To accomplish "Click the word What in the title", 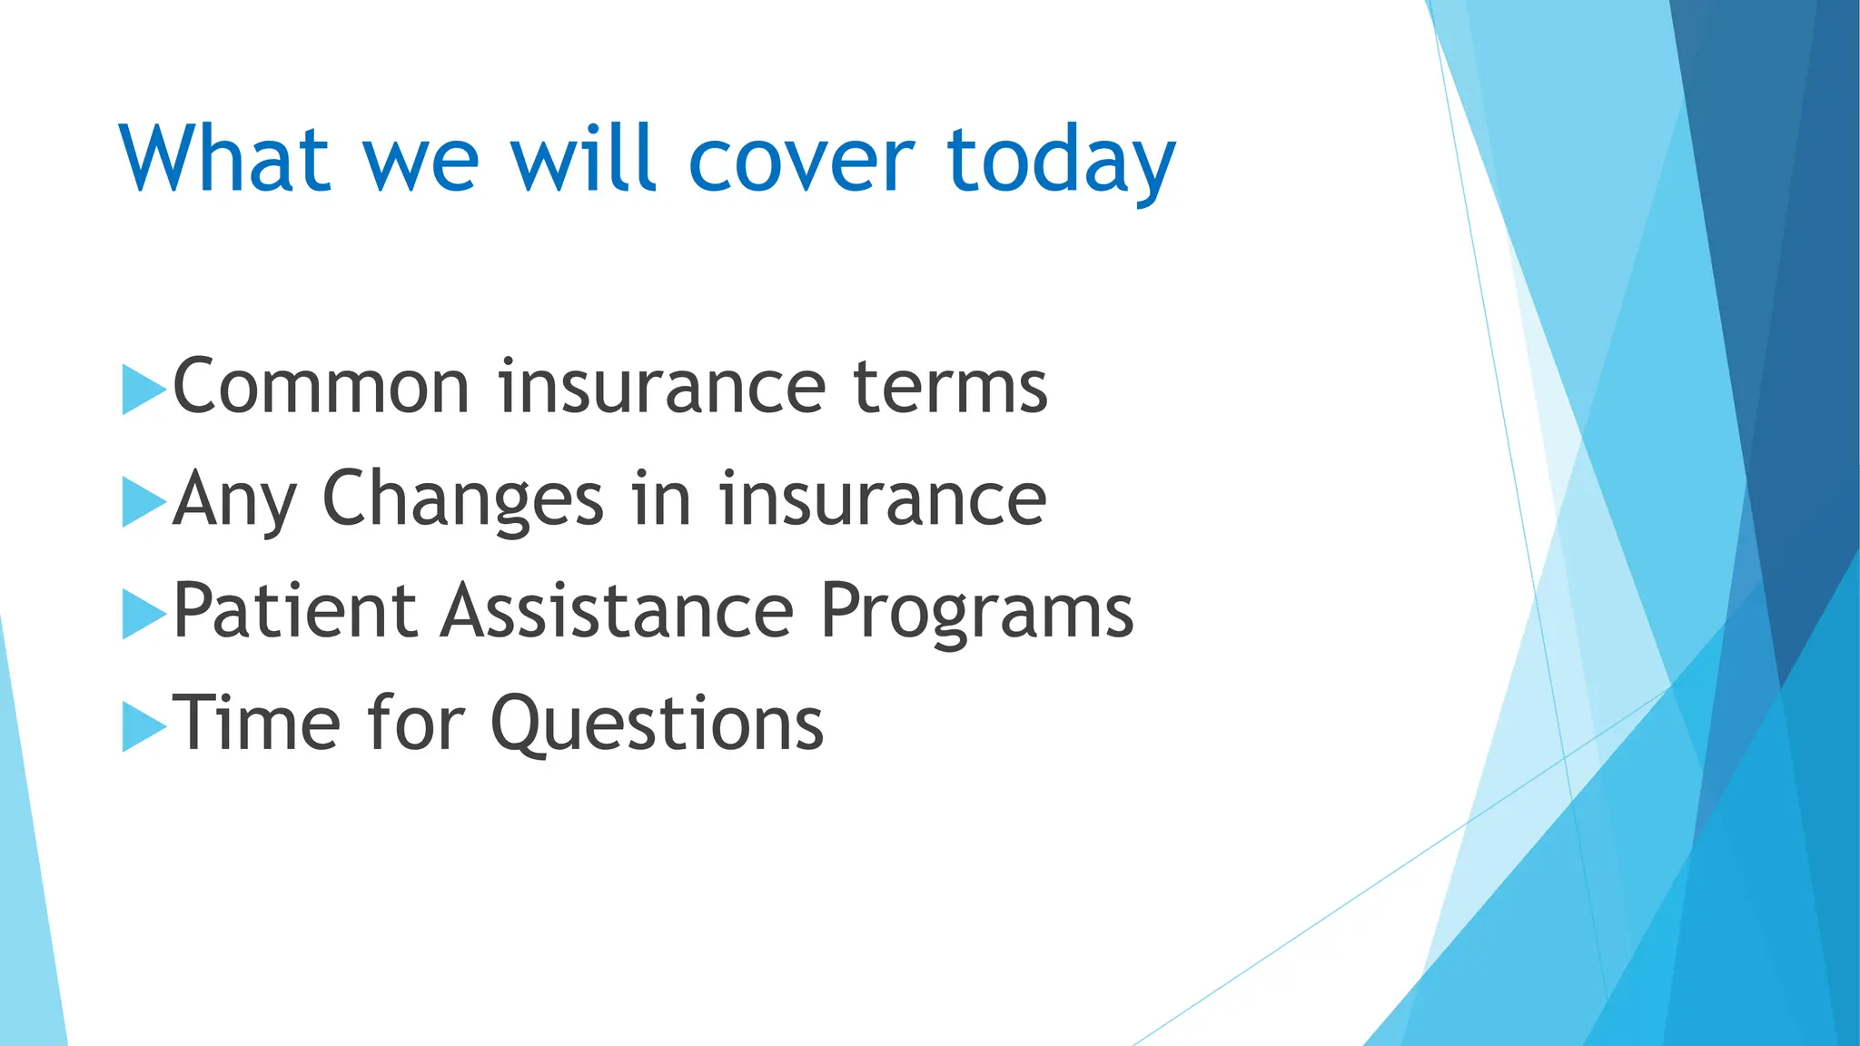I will (223, 160).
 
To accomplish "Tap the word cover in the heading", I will (801, 162).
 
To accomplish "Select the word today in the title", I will (1061, 163).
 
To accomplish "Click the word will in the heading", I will (582, 160).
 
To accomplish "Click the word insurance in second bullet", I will (883, 499).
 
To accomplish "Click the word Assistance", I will (618, 611).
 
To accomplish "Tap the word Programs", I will (976, 613).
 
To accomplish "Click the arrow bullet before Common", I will (143, 390).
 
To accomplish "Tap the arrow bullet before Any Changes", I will (143, 502).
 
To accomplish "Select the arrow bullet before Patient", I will (143, 614).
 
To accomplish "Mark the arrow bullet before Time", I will (143, 726).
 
